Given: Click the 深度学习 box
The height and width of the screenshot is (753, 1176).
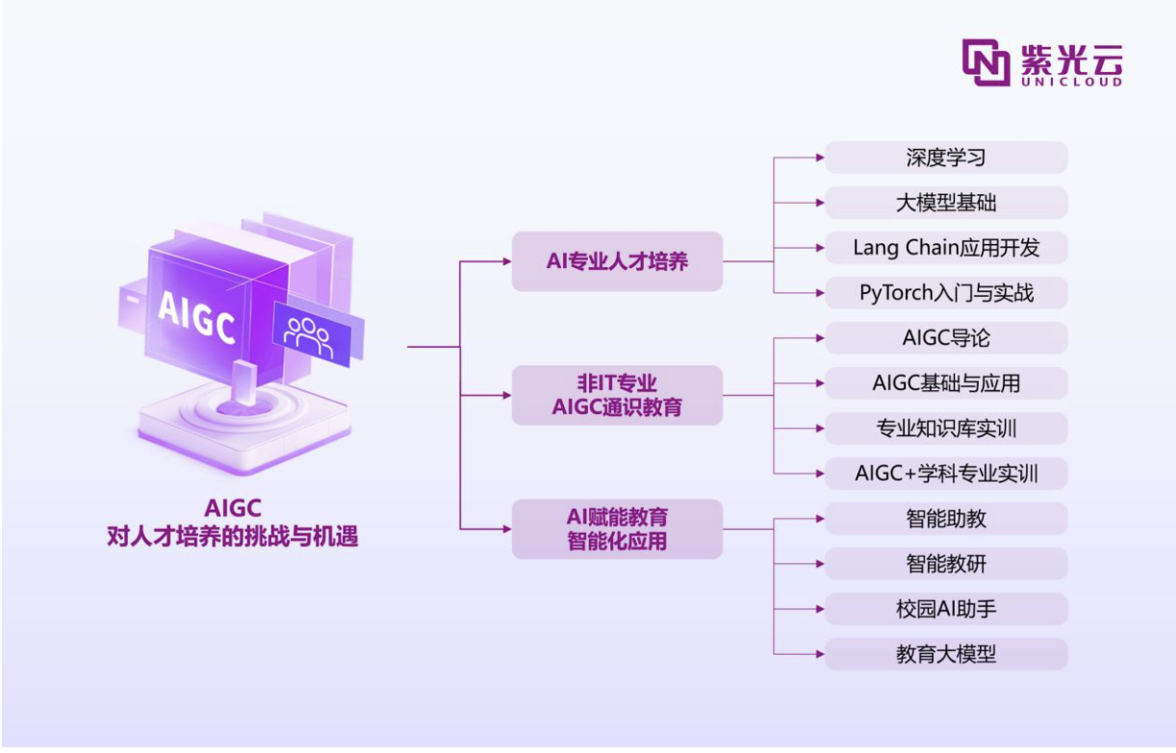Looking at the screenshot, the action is tap(946, 158).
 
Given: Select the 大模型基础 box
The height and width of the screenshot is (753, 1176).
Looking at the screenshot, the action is tap(946, 203).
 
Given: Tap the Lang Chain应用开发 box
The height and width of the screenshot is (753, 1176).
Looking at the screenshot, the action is tap(946, 248).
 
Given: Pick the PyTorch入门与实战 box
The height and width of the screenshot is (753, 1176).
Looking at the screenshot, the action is tap(946, 293).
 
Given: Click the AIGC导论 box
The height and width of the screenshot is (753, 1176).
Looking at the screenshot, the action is tap(946, 338).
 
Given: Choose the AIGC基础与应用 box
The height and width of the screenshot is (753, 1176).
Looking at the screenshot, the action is tap(946, 383).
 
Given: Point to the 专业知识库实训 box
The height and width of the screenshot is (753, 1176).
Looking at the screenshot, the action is tap(946, 428).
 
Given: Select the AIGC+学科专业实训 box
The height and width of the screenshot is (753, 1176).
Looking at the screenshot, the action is tap(946, 474).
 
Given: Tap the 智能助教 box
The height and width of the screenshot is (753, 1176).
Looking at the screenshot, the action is tap(946, 519).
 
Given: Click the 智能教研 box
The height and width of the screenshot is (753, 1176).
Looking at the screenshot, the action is tap(946, 564).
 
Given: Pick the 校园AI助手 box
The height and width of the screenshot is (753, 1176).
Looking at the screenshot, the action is tap(946, 609).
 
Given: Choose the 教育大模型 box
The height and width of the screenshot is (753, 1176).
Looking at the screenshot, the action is tap(946, 654).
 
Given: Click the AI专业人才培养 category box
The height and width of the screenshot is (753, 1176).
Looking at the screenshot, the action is tap(617, 261).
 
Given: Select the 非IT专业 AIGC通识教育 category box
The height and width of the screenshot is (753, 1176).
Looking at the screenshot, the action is tap(617, 395).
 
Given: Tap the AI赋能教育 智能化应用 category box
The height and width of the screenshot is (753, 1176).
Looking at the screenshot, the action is tap(617, 529).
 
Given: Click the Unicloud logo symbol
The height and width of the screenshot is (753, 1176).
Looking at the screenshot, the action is tap(986, 62).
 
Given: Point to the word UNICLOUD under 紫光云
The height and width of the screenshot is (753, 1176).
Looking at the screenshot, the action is tap(1071, 82).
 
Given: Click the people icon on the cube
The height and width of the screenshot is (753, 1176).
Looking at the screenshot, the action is tap(308, 337).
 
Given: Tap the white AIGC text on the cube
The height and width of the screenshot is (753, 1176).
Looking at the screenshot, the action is tap(197, 318).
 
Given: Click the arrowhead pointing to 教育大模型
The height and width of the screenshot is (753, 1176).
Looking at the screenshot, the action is tap(820, 654).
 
